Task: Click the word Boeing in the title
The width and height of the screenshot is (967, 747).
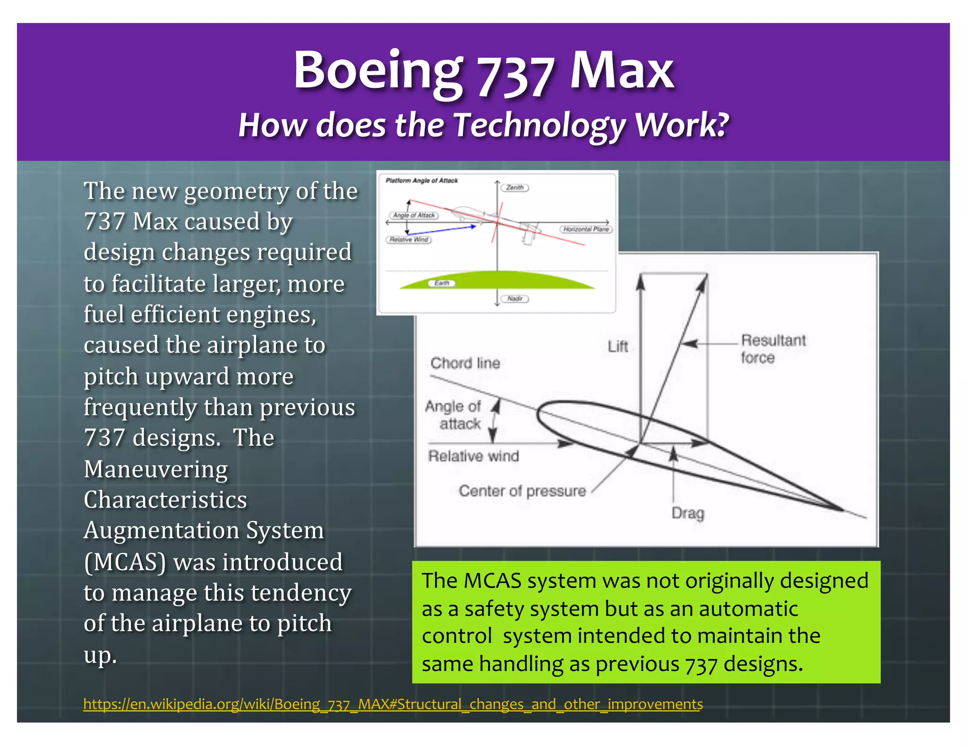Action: (378, 71)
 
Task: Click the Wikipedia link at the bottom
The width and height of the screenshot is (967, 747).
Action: (393, 704)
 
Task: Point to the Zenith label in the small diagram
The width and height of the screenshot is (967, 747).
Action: (515, 187)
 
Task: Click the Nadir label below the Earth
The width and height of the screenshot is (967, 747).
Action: (515, 298)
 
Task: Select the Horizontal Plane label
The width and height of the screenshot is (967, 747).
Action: (586, 229)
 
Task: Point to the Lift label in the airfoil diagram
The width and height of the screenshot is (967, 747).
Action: (618, 347)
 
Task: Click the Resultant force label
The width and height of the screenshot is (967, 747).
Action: (772, 348)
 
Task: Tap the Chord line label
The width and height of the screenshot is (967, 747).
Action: (465, 363)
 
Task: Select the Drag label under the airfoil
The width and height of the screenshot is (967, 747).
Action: (687, 513)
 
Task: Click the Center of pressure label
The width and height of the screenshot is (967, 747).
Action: (522, 491)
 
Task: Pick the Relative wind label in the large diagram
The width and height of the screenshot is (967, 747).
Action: (473, 456)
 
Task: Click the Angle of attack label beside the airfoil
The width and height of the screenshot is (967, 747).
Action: (453, 415)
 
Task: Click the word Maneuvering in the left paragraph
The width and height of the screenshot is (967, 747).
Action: (156, 469)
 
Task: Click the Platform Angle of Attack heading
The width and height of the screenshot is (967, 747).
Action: (421, 180)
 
